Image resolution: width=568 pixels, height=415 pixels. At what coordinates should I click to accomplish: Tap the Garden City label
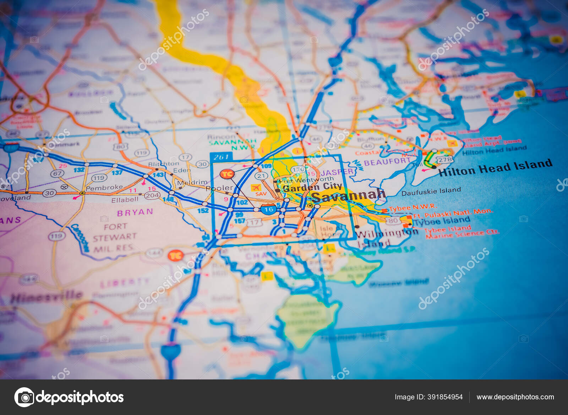tap(312, 187)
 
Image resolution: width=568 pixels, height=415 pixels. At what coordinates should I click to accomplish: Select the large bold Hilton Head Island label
tap(495, 167)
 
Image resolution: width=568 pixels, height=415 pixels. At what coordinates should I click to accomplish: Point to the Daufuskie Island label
tap(431, 191)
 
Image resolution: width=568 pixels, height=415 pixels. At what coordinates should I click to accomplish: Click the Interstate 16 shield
tap(268, 209)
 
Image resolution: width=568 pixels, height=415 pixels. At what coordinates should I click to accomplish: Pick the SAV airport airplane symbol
tap(256, 187)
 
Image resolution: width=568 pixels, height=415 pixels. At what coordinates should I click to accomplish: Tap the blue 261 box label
tap(221, 157)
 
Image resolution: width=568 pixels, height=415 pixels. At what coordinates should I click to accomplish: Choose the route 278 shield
tap(445, 160)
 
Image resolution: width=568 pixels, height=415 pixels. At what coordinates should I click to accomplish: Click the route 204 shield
tap(152, 195)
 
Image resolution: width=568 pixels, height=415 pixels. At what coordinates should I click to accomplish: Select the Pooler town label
tap(219, 188)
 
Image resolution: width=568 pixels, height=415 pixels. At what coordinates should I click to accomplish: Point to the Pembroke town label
tap(104, 187)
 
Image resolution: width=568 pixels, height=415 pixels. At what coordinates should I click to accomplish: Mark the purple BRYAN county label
tap(135, 212)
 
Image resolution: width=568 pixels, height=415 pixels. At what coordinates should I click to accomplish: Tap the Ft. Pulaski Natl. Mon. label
tap(453, 213)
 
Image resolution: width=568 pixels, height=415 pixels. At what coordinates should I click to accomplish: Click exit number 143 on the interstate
tap(158, 175)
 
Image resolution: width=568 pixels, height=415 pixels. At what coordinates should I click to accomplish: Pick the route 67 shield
tap(57, 174)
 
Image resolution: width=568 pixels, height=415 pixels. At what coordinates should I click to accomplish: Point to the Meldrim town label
tap(192, 182)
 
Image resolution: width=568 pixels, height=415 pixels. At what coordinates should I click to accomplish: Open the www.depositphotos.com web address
tap(515, 397)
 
